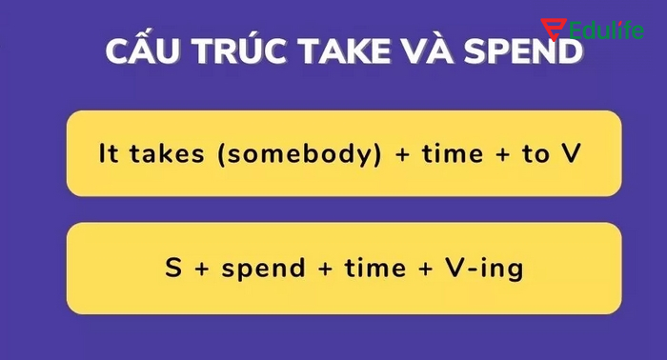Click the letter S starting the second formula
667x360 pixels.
[172, 269]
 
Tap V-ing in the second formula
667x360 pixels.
[484, 270]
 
